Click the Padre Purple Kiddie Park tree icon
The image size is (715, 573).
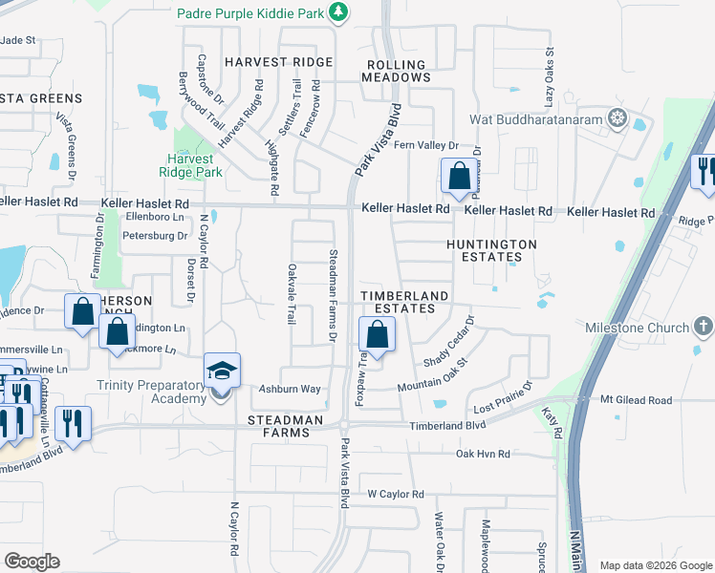(x=337, y=12)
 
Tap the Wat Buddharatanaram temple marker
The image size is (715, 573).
(x=618, y=119)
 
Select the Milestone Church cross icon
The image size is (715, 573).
(x=703, y=328)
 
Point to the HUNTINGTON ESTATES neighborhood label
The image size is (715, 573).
(x=491, y=250)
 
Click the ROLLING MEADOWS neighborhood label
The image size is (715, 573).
(x=397, y=70)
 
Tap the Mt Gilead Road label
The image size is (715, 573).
(x=639, y=400)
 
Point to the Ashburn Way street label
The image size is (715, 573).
(x=291, y=390)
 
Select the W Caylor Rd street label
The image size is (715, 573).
(x=395, y=494)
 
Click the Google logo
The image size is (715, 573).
(x=32, y=562)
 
